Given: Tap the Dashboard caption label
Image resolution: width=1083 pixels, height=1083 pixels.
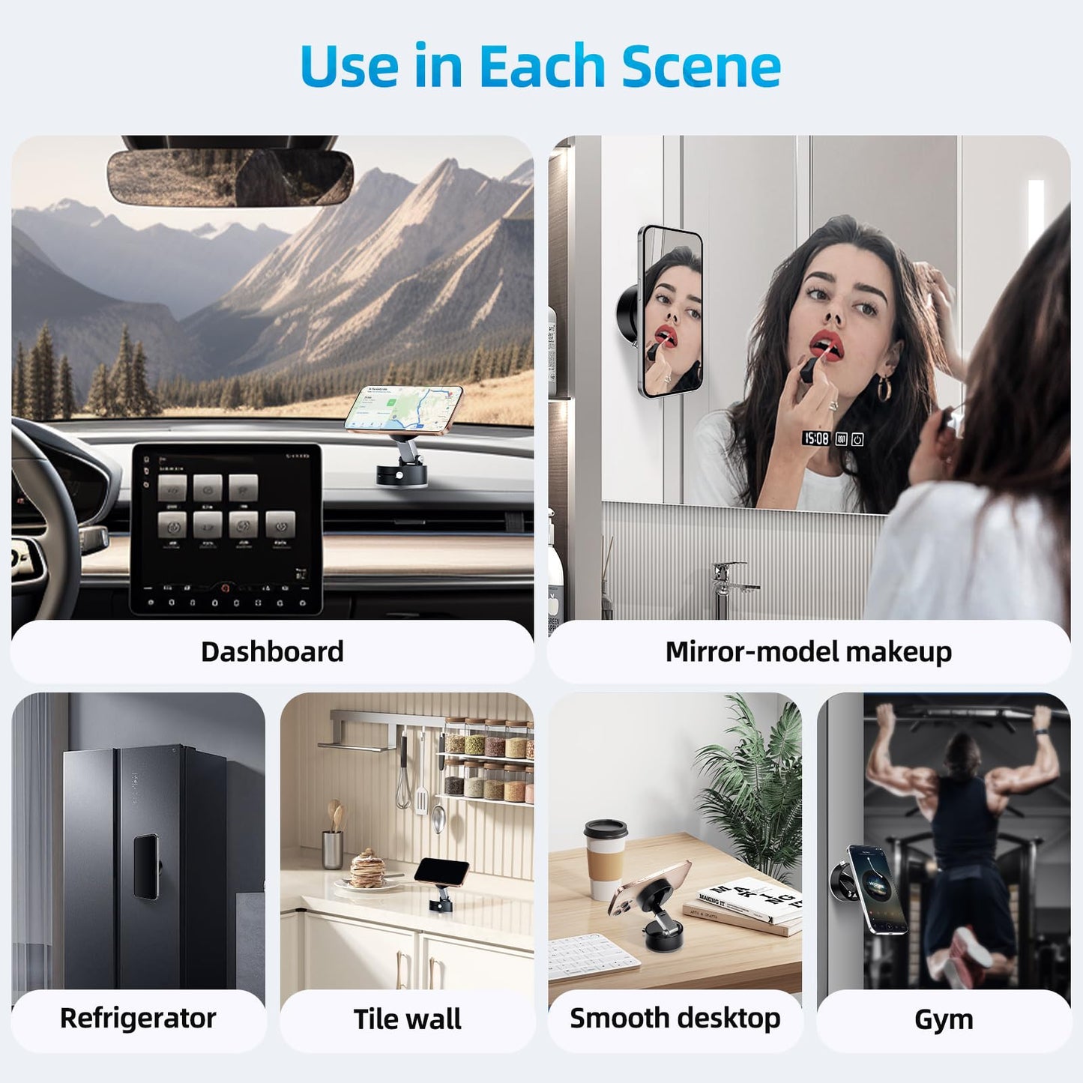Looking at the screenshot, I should click(x=272, y=651).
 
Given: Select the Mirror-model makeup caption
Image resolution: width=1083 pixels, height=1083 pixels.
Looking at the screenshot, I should click(x=808, y=651).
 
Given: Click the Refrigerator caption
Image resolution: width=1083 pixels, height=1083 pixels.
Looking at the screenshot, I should click(x=138, y=1019).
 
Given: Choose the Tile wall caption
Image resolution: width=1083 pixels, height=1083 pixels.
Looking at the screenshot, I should click(x=407, y=1019).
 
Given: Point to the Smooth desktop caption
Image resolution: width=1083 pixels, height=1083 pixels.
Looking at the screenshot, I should click(x=675, y=1019).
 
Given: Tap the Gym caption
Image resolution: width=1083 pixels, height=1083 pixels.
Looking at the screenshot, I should click(x=944, y=1019).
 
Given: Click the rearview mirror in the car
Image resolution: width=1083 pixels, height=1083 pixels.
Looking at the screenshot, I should click(x=229, y=178).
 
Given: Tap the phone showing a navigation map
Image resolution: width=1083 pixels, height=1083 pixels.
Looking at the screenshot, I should click(x=404, y=408).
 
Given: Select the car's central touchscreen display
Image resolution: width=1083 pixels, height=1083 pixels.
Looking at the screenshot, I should click(x=227, y=528).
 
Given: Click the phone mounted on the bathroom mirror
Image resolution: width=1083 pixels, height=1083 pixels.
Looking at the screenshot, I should click(x=672, y=311).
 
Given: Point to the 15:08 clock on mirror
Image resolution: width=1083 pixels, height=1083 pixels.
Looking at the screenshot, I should click(x=816, y=438).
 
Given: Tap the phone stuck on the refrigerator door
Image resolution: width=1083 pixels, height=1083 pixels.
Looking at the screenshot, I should click(x=146, y=866).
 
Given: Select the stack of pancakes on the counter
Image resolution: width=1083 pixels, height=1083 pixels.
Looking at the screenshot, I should click(x=367, y=869).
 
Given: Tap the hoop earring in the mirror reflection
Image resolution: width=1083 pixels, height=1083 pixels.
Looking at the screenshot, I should click(x=884, y=387).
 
